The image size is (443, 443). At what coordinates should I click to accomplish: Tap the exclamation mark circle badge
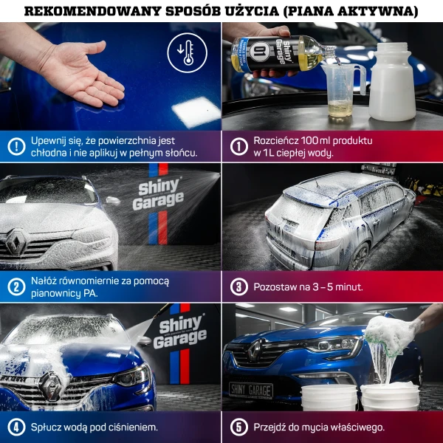click(16, 146)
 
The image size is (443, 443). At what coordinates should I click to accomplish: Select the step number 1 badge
click(238, 146)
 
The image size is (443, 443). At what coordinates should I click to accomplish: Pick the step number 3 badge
click(238, 286)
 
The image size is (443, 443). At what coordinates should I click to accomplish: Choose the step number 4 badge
click(16, 427)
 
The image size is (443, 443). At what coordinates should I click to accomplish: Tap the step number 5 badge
click(238, 427)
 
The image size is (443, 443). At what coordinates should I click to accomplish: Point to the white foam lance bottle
click(391, 81)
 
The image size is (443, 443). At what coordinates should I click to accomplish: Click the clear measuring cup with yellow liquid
click(342, 92)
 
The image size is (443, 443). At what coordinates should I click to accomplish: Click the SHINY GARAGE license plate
click(250, 390)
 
